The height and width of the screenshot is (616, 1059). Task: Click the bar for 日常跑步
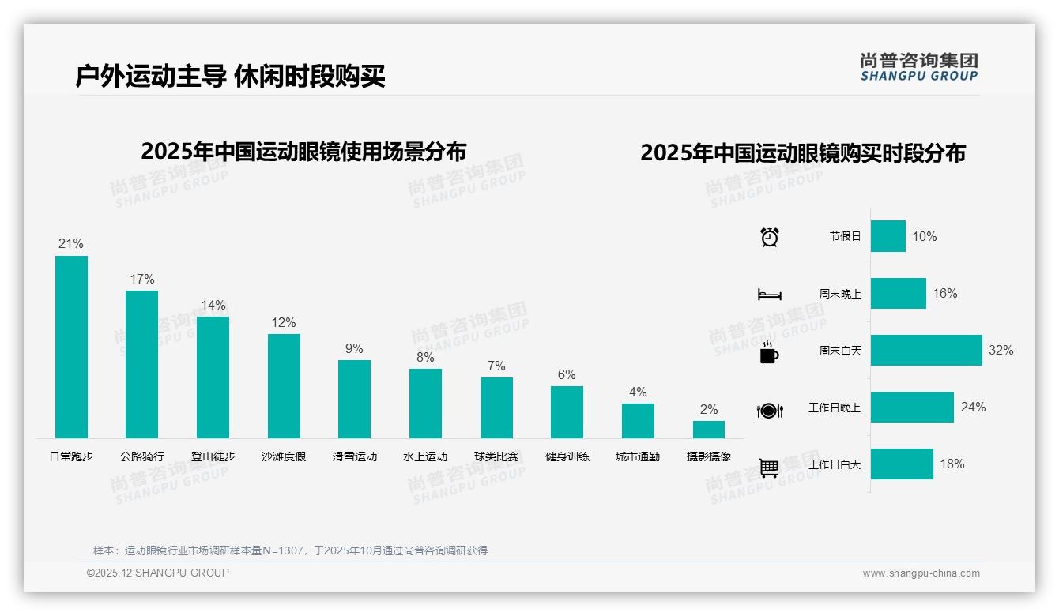71,347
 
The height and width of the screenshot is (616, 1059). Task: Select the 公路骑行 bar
141,364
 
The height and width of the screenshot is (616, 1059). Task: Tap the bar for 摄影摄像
709,430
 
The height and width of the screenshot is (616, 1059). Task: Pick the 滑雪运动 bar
354,399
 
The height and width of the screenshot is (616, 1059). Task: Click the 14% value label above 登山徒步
213,305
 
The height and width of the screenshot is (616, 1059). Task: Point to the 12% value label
283,322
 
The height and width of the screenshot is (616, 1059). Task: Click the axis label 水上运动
425,456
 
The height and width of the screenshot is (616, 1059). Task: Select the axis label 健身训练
567,456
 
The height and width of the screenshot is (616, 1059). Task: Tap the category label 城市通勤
638,456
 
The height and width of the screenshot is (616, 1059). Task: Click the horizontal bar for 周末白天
926,350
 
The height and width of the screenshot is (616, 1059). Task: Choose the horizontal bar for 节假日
888,236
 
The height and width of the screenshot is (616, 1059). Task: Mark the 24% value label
973,407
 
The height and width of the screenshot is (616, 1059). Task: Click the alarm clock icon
769,236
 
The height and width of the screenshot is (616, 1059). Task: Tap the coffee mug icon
769,351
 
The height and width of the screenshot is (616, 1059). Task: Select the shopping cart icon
769,468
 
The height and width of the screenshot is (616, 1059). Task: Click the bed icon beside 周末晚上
769,295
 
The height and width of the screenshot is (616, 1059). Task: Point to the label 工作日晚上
835,408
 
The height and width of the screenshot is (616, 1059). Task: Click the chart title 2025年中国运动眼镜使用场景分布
303,151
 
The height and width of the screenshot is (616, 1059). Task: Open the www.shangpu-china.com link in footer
921,573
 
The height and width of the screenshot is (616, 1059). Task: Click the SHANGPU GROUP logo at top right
918,67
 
